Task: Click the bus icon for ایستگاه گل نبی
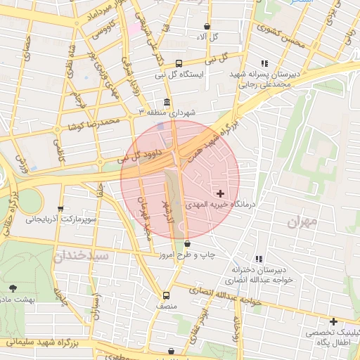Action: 179,62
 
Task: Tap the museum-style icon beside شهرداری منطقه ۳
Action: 167,101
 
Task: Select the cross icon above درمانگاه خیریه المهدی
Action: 221,192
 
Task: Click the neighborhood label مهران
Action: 303,221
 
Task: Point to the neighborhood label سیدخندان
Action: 80,255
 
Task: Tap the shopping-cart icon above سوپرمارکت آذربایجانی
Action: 60,209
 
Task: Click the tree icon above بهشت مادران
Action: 13,288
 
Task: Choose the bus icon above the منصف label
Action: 166,295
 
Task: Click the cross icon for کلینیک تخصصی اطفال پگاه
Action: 333,321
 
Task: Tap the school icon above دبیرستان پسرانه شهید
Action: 264,63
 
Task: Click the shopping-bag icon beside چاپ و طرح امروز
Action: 187,243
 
